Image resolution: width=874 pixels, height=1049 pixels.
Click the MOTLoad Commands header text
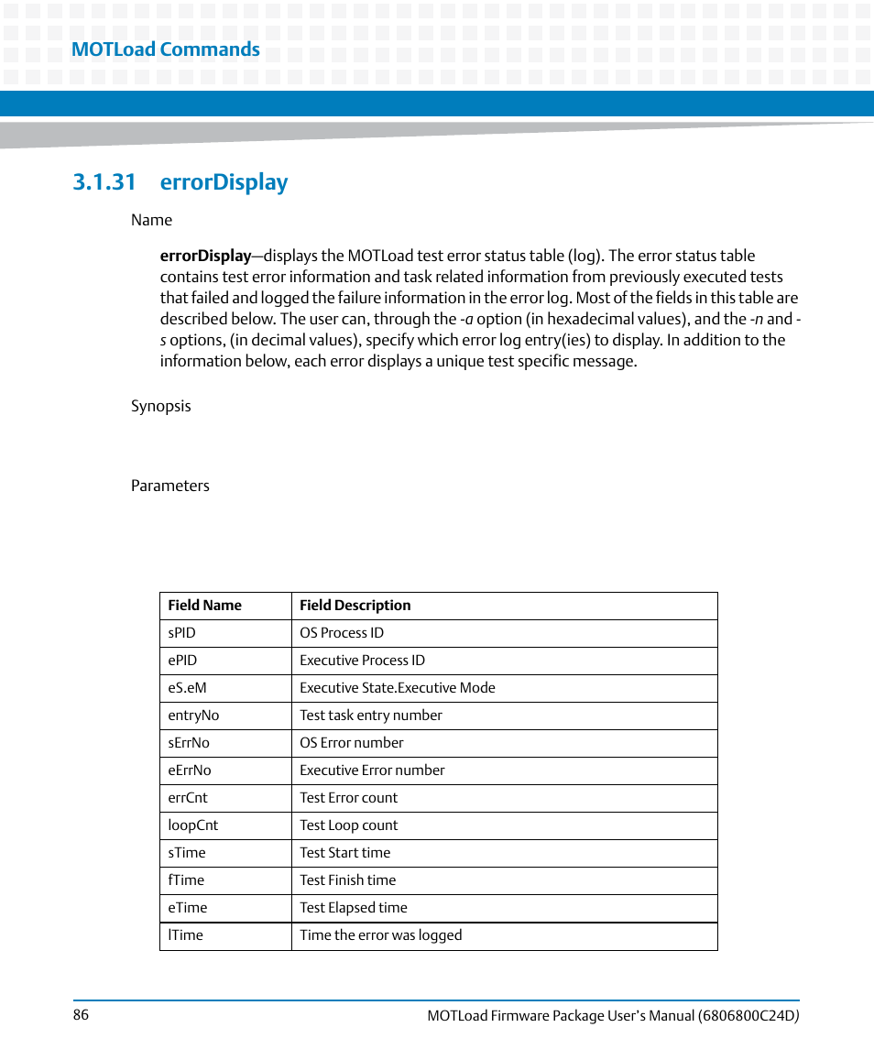coord(166,49)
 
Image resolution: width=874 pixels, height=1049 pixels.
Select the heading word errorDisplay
coord(224,182)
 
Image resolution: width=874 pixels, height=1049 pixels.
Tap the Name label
coord(151,220)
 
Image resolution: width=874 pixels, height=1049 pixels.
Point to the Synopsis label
coord(160,406)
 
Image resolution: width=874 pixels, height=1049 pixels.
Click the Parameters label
coord(169,486)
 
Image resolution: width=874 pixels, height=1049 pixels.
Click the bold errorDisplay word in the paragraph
coord(205,256)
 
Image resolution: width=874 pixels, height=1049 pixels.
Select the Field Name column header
coord(204,606)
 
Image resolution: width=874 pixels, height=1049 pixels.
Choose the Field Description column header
coord(355,606)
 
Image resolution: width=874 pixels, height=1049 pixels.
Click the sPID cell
coord(181,633)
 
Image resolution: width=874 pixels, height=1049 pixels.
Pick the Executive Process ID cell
coord(362,661)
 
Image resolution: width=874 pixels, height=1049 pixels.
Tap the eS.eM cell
coord(186,688)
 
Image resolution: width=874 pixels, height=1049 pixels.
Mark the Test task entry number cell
coord(370,716)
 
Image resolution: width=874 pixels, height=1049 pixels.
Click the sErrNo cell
coord(188,743)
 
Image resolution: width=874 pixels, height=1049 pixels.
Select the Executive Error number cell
coord(372,770)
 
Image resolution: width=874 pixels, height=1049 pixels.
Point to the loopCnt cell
coord(192,825)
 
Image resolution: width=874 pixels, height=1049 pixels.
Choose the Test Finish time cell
coord(347,880)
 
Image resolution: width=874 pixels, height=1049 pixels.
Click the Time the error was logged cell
coord(380,935)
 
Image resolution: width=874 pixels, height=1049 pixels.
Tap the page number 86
coord(81,1015)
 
